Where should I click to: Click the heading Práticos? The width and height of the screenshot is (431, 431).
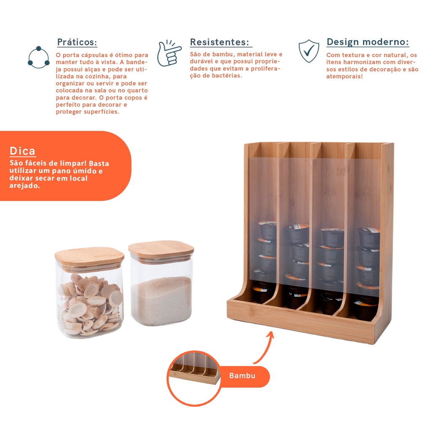tap(77, 42)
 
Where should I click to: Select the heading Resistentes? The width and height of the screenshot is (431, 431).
tap(220, 42)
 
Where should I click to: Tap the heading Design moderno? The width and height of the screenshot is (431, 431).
tap(368, 42)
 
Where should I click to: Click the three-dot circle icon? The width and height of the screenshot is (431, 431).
tap(38, 57)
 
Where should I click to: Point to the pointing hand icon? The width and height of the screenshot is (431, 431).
tap(169, 53)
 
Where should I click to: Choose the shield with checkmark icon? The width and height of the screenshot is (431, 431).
tap(309, 51)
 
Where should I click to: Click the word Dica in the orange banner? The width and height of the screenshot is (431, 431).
tap(23, 151)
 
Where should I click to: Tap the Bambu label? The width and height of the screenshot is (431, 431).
tap(242, 375)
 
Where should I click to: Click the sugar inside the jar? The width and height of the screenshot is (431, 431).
tap(162, 301)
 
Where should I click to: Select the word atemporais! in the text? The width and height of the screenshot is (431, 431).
tap(344, 77)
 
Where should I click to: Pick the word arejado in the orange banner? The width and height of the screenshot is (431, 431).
tap(24, 186)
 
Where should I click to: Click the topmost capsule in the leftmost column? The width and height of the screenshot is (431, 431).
tap(267, 230)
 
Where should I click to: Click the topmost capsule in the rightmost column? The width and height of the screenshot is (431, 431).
tap(368, 237)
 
